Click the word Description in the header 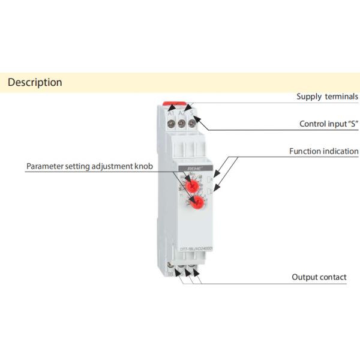point(35,83)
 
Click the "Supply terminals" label point(327,97)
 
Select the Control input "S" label point(328,124)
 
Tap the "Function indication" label point(323,151)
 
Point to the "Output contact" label point(319,277)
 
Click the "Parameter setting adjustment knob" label point(89,166)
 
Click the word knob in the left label point(143,166)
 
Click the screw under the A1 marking point(171,124)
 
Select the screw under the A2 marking point(182,124)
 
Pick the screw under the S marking point(192,124)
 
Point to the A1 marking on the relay point(171,113)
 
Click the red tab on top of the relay point(181,105)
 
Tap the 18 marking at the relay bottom point(171,274)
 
